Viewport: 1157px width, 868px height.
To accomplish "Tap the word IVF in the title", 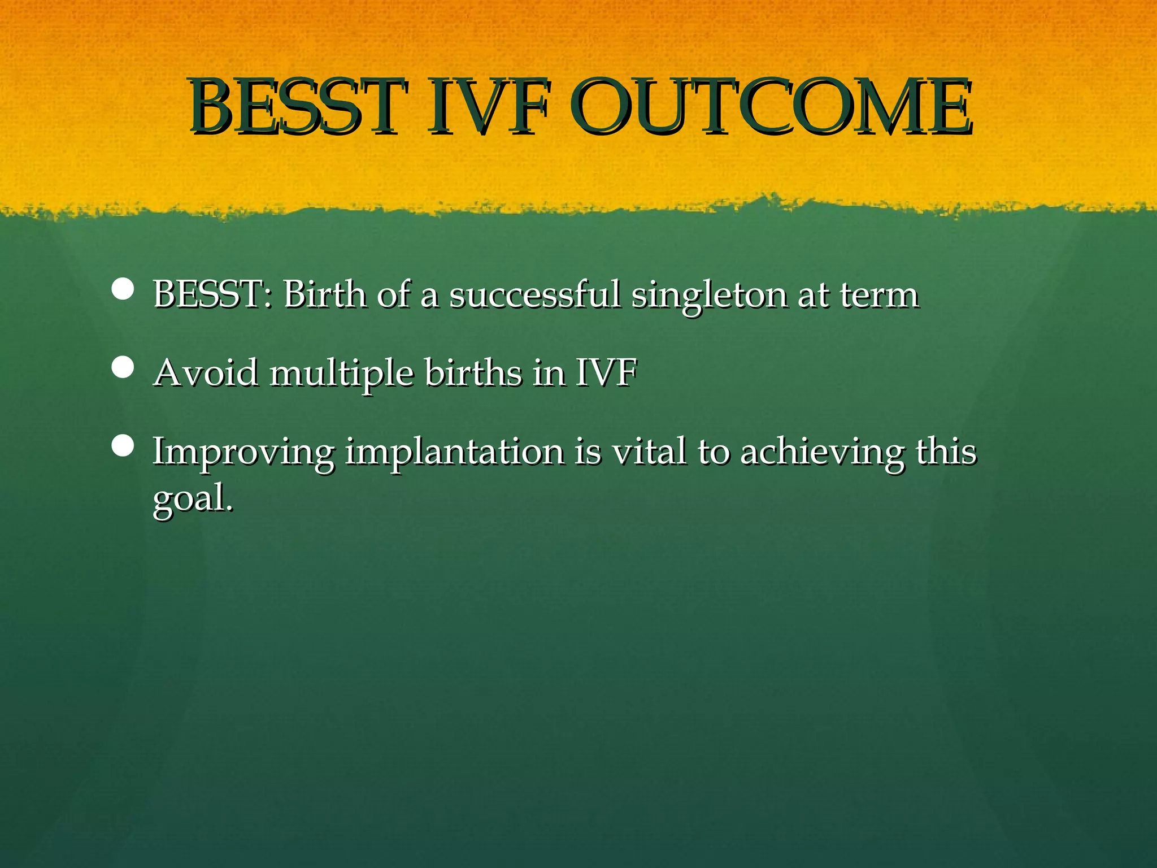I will (x=487, y=107).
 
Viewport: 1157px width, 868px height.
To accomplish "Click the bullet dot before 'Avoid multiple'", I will (x=123, y=367).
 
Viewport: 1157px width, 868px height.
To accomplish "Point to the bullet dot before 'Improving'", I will (x=123, y=446).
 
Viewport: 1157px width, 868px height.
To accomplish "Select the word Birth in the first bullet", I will (x=324, y=294).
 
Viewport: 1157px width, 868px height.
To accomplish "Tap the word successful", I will (x=534, y=294).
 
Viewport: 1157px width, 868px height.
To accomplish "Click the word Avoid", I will (x=206, y=373).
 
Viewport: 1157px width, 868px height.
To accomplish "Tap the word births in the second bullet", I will (x=473, y=373).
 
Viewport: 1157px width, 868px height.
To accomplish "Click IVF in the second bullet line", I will (x=606, y=373).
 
